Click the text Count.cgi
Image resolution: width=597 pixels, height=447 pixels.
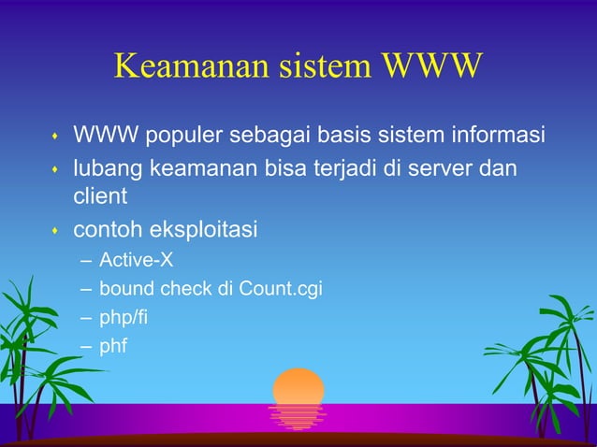281,288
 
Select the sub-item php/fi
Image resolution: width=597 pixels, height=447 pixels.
123,318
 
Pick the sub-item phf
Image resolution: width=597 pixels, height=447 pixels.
113,347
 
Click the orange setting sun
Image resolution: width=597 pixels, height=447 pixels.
298,387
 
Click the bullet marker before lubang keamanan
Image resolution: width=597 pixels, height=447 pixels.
54,170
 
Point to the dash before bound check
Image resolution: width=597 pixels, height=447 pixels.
86,288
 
